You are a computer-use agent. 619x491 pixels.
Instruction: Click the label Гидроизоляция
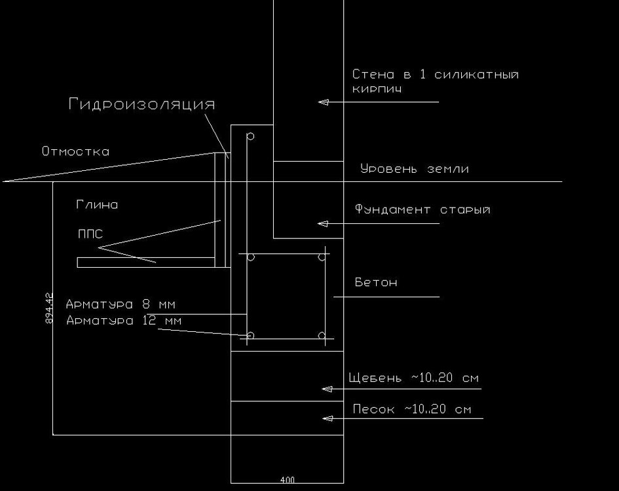141,105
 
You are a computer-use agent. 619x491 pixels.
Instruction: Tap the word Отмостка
75,152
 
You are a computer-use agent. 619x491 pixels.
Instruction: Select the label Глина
96,205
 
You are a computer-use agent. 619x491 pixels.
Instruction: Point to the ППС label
90,234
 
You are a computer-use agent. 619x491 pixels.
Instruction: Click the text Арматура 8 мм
121,304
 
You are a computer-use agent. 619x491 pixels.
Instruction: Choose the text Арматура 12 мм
124,321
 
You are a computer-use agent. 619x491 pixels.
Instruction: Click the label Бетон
376,283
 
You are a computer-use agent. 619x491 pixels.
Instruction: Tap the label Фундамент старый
422,209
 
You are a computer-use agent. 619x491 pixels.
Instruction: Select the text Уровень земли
415,169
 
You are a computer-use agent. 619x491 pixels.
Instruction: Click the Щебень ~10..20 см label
414,378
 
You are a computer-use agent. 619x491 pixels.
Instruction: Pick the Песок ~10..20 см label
412,410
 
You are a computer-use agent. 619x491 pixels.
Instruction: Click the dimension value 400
287,481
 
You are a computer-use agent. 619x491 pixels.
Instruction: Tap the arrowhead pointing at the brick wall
322,102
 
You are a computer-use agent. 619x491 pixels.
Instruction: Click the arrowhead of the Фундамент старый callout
322,224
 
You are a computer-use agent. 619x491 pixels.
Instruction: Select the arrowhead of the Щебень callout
326,389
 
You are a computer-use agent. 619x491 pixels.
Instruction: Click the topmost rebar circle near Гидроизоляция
250,137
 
